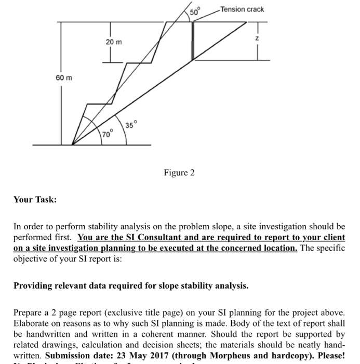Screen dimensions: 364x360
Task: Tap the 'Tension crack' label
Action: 242,9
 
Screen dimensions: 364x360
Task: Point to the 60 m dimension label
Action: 64,77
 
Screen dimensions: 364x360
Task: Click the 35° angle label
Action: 132,125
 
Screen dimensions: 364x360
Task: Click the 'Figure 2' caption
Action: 179,172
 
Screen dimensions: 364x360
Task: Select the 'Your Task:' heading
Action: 35,200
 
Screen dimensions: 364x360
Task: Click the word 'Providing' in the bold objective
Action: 32,285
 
